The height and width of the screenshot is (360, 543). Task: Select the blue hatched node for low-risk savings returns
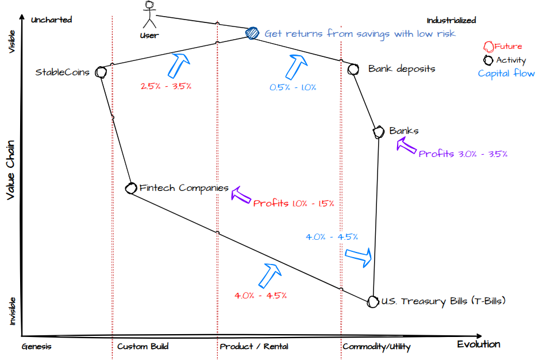coord(252,33)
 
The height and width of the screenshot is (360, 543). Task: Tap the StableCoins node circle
coord(101,72)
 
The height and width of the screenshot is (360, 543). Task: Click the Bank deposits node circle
coord(354,69)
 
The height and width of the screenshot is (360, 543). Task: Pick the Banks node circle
coord(379,132)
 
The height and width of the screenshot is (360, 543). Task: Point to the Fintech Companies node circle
coord(130,188)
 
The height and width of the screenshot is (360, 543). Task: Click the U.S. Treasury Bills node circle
coord(373,301)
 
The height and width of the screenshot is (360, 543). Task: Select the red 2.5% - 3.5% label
coord(166,86)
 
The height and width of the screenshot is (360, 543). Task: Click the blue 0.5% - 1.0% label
coord(293,87)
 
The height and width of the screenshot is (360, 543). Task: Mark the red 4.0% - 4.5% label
coord(261,295)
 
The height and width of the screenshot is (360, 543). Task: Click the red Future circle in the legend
coord(489,46)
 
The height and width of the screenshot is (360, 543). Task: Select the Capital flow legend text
coord(506,73)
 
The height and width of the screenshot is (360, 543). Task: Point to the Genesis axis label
coord(37,347)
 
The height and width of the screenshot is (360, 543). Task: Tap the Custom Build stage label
coord(143,347)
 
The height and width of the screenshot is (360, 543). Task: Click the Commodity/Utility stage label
coord(376,347)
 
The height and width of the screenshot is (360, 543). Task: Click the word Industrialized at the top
coord(451,20)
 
